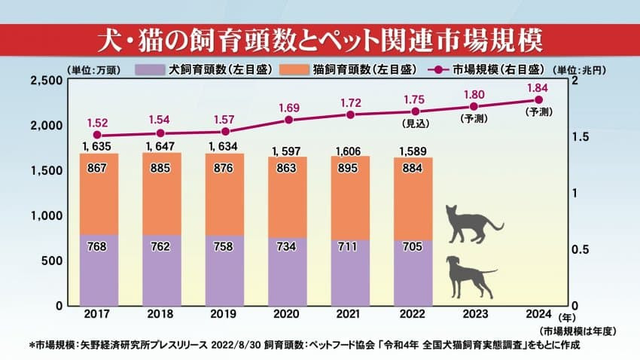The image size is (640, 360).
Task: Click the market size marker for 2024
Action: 538,99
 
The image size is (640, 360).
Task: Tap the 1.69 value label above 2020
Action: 288,107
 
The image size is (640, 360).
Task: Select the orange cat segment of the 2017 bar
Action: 99,194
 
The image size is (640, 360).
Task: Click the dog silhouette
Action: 469,276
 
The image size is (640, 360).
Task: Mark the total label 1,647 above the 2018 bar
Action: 162,145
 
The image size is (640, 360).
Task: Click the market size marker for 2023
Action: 474,106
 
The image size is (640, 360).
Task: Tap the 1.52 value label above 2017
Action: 99,122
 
